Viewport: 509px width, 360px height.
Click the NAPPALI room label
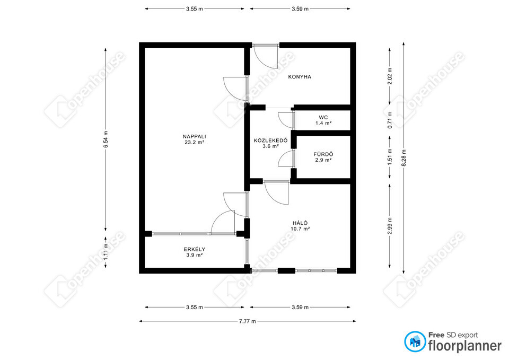[x=194, y=137]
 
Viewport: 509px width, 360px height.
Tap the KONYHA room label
[x=300, y=77]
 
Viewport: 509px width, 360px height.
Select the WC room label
[x=323, y=118]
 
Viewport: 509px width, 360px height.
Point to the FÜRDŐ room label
[x=323, y=154]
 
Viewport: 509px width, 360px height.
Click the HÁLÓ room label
[x=300, y=223]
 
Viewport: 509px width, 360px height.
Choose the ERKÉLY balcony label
[x=195, y=249]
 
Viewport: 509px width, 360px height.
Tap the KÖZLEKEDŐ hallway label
[x=271, y=141]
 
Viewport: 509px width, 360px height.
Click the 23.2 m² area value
[x=194, y=142]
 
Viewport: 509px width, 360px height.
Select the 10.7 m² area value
[x=300, y=229]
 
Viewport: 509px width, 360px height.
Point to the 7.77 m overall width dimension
[x=248, y=321]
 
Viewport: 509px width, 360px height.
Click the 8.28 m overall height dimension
[x=403, y=158]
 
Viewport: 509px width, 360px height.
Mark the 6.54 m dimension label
[x=106, y=139]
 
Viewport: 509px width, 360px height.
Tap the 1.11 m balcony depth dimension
[x=106, y=252]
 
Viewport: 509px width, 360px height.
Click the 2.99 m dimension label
[x=390, y=226]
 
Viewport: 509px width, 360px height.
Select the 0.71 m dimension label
[x=390, y=120]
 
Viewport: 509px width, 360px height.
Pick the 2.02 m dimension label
[x=390, y=76]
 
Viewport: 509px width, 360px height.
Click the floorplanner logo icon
[x=415, y=341]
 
